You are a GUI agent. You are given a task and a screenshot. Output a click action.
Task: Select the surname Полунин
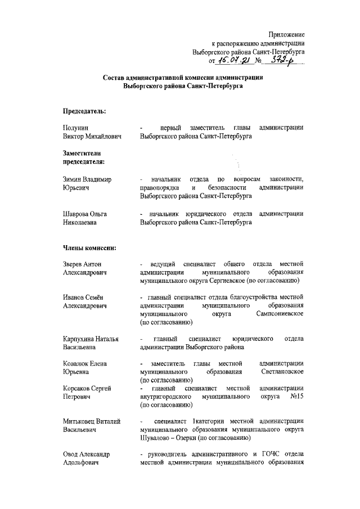click(75, 128)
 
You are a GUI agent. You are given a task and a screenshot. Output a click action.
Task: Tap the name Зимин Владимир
click(87, 179)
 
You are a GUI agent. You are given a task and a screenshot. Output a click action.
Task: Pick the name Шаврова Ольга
click(84, 214)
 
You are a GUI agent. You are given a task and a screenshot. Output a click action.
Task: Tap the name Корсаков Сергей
click(86, 388)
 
